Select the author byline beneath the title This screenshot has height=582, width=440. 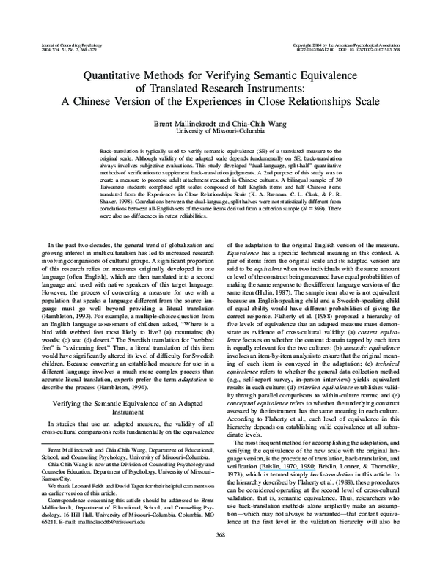coord(220,122)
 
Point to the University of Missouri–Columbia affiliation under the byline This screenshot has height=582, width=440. coord(220,131)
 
